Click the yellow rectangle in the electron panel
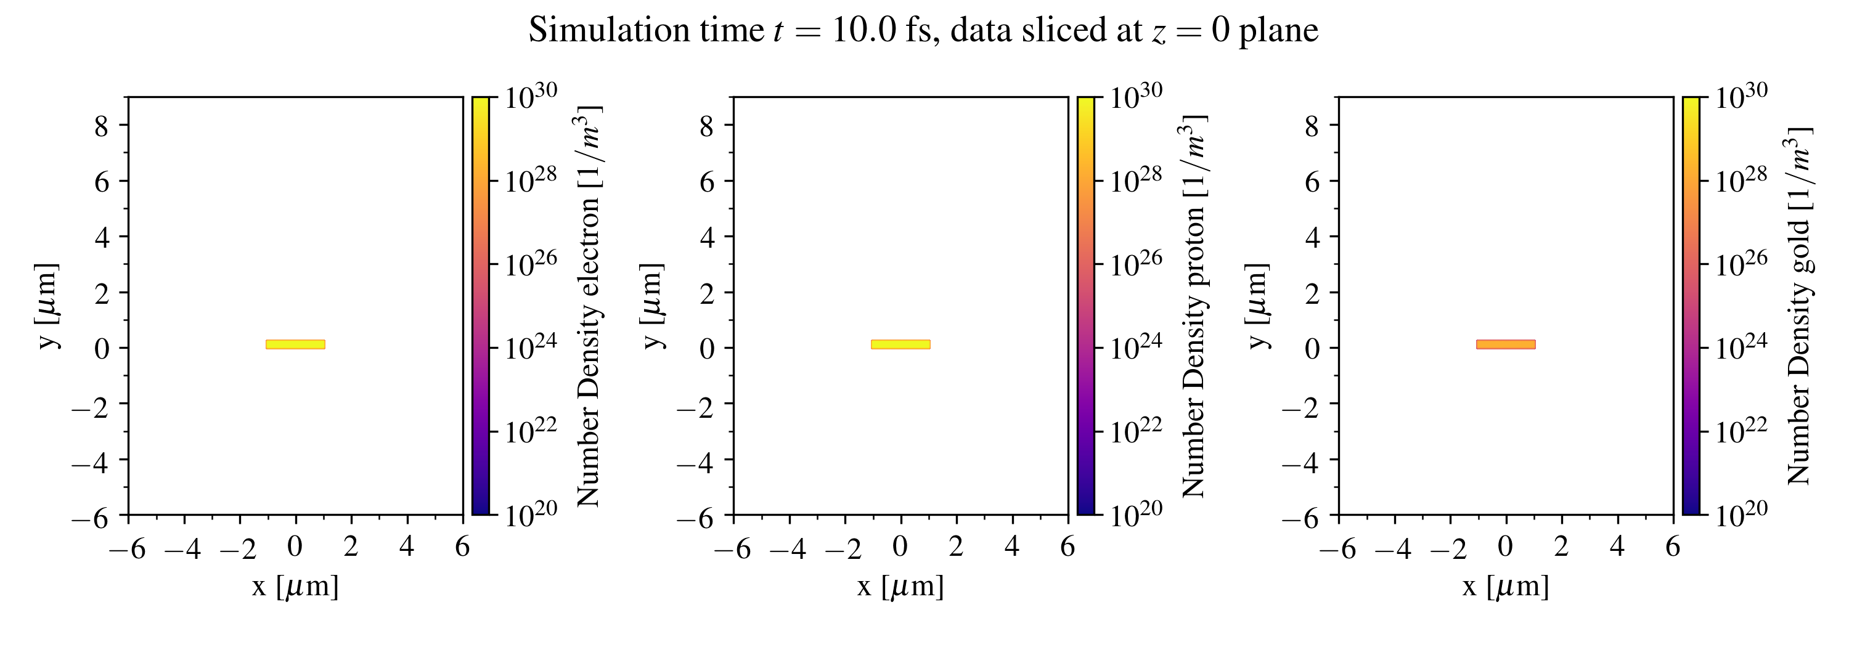(x=295, y=344)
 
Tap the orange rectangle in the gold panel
(x=1505, y=344)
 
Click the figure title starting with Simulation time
(x=923, y=31)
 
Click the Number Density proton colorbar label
(x=1194, y=306)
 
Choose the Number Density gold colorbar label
(x=1798, y=306)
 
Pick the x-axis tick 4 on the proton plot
(x=1011, y=547)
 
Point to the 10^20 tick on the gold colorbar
(x=1741, y=513)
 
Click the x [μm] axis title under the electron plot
(x=295, y=587)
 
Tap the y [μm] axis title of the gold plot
(x=1256, y=306)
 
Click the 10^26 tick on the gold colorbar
(x=1741, y=263)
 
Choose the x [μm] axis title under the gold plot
(x=1505, y=587)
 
